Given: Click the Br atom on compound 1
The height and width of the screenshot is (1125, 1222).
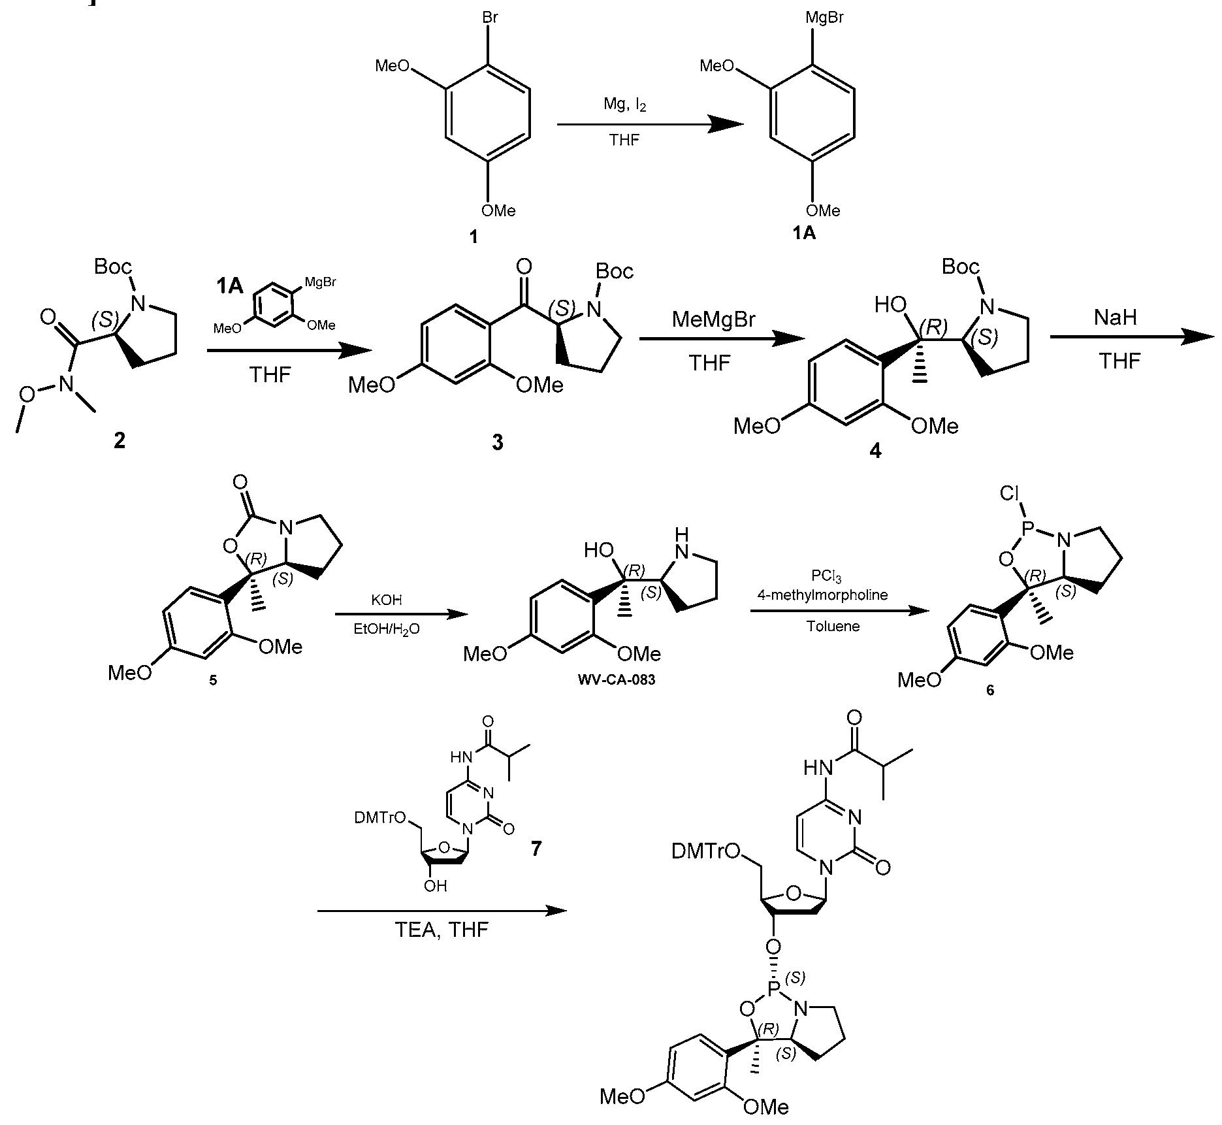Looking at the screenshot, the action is pyautogui.click(x=490, y=18).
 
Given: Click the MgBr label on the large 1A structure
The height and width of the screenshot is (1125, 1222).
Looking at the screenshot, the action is pyautogui.click(x=824, y=18).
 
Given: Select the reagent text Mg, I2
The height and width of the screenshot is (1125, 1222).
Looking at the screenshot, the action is pyautogui.click(x=625, y=105).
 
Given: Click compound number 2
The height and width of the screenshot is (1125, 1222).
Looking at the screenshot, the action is pyautogui.click(x=119, y=442).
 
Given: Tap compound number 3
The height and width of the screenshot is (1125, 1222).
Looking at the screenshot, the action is pyautogui.click(x=498, y=443).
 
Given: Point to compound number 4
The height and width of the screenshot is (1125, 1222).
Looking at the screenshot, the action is pyautogui.click(x=875, y=451).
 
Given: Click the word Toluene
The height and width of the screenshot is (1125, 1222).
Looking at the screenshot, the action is pyautogui.click(x=833, y=627).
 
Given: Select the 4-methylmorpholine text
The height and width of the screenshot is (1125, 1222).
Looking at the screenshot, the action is pyautogui.click(x=823, y=595).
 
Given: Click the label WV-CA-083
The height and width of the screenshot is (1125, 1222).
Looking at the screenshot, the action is pyautogui.click(x=617, y=680).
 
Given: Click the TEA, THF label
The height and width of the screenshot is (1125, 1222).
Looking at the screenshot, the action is pyautogui.click(x=442, y=930).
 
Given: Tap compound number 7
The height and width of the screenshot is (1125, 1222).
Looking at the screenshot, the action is pyautogui.click(x=536, y=849).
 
